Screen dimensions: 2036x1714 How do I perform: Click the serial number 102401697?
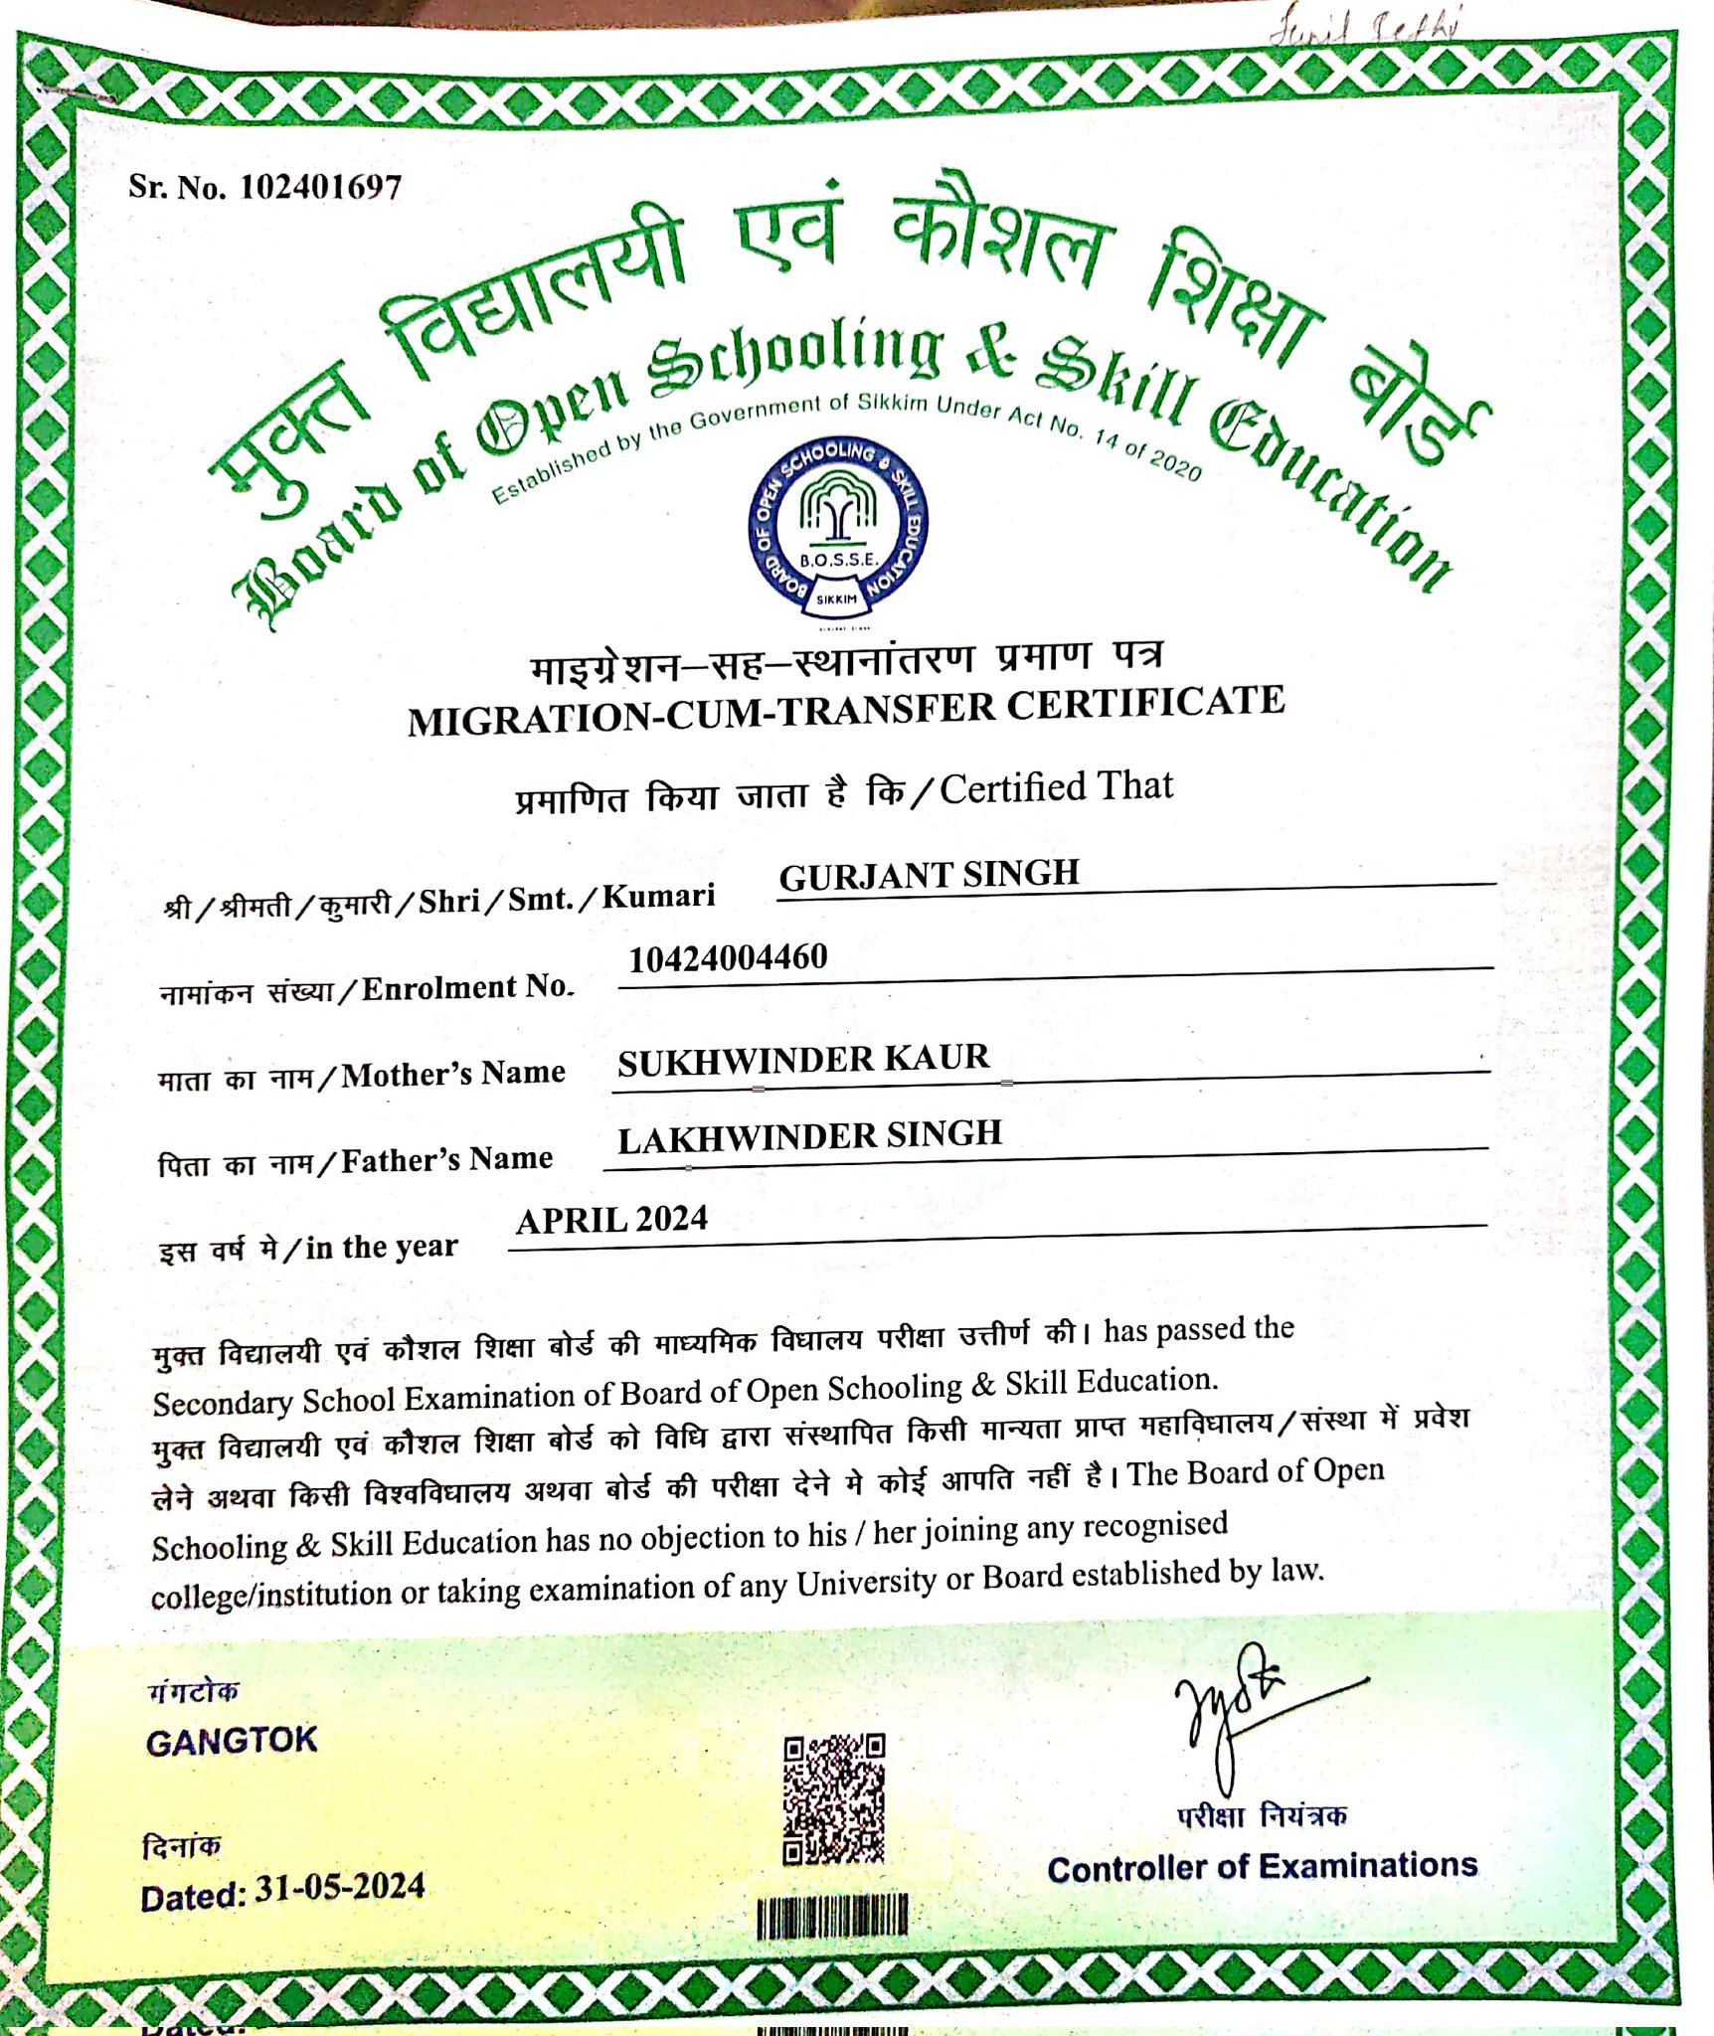(320, 187)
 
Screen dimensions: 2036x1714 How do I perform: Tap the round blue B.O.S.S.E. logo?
(837, 528)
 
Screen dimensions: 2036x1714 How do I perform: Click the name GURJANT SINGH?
(929, 875)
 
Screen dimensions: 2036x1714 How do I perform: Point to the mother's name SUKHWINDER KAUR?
(803, 1060)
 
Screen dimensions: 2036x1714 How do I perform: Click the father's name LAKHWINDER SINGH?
(809, 1137)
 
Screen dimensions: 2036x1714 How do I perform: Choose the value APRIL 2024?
(611, 1220)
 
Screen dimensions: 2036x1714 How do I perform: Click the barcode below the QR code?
(832, 1916)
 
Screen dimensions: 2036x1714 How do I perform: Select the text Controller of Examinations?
(1262, 1868)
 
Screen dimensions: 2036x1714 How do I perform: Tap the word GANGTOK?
(231, 1741)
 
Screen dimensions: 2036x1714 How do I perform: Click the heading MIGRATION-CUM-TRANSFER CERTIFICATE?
(845, 710)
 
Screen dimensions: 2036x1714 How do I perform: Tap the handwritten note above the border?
(1362, 30)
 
